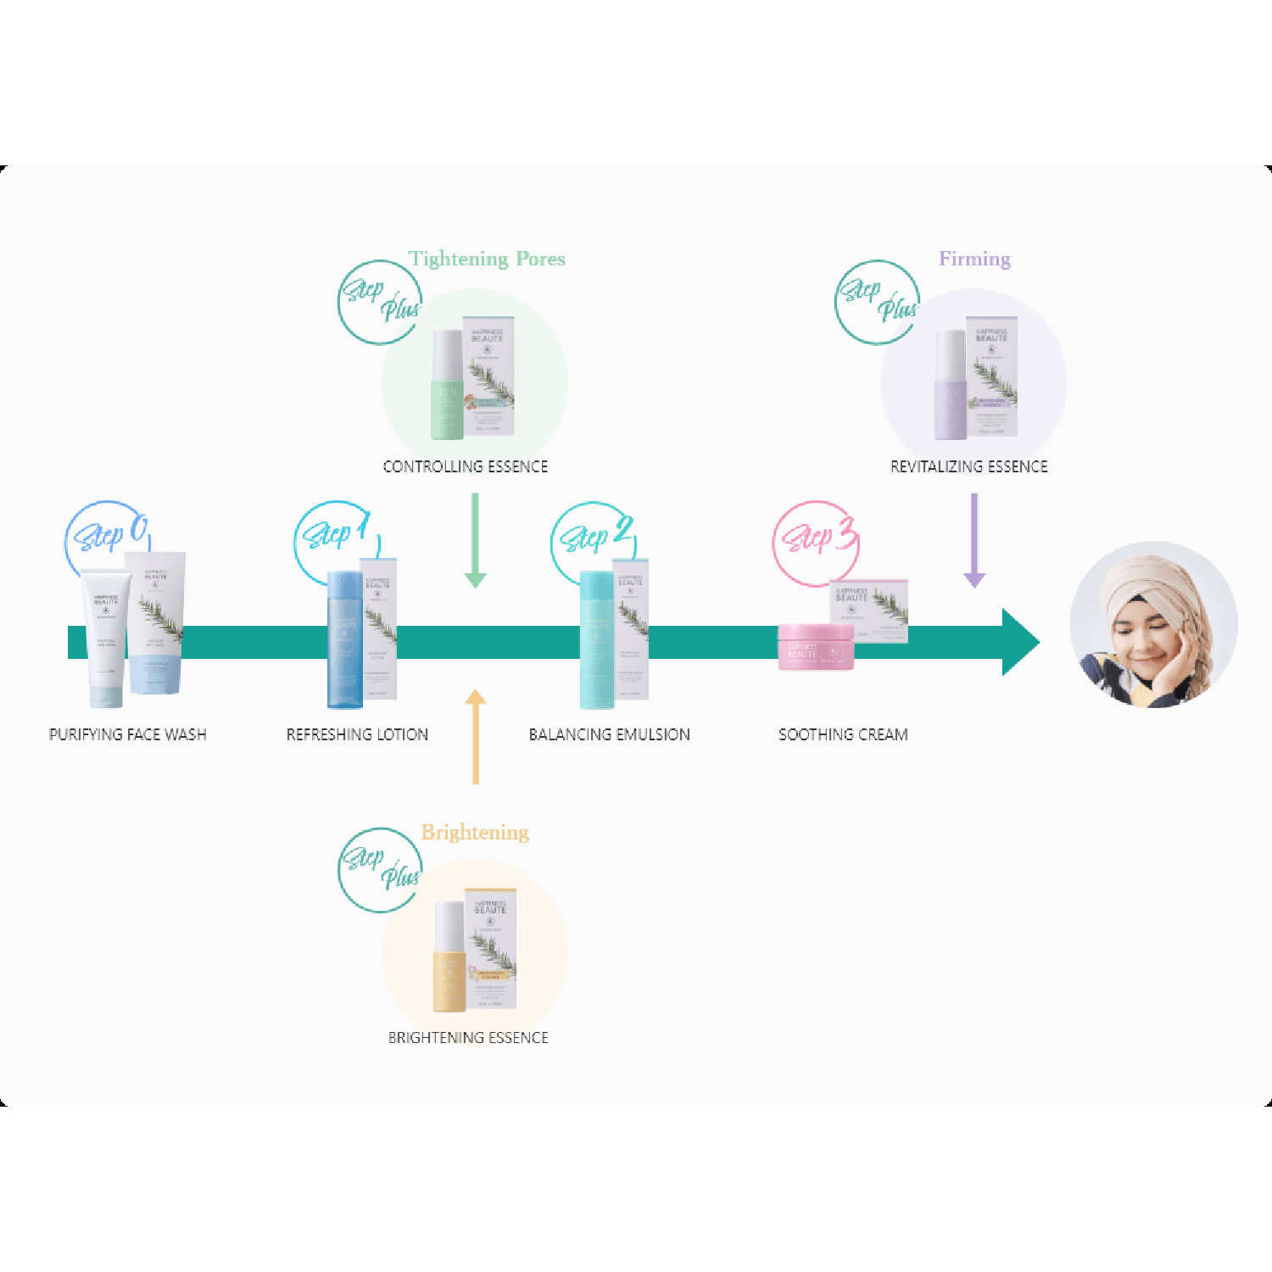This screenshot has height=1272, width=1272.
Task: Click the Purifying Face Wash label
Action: tap(128, 734)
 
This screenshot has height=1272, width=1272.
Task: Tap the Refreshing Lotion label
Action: tap(357, 734)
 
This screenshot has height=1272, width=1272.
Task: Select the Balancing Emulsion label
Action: tap(609, 734)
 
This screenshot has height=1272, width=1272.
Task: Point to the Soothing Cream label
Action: tap(843, 734)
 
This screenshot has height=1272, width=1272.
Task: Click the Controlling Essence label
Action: tap(466, 466)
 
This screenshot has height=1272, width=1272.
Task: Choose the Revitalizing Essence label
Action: tap(968, 466)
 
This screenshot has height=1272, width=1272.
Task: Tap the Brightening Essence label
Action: tap(468, 1038)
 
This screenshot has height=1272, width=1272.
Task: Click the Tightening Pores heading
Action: tap(487, 259)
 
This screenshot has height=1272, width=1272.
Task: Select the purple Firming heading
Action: tap(974, 259)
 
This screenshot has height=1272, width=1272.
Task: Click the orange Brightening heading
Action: tap(475, 832)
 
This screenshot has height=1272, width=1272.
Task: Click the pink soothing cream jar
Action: tap(815, 647)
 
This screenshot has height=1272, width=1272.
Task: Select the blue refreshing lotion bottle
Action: tap(344, 640)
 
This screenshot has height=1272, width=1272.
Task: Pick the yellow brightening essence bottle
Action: tap(449, 958)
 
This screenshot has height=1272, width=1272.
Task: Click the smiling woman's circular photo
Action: tap(1153, 625)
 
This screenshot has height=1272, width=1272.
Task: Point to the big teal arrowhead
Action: tap(1019, 642)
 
